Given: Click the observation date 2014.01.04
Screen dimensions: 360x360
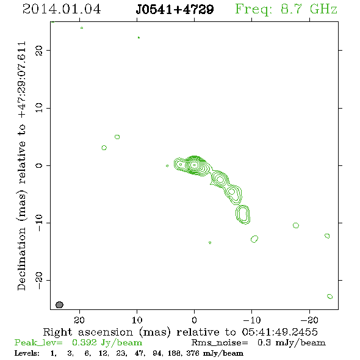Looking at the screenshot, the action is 62,9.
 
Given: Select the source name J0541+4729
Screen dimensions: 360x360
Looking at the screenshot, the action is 175,9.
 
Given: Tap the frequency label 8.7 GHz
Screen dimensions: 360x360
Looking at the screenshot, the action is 309,9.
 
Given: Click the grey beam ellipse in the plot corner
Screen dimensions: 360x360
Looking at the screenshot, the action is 59,304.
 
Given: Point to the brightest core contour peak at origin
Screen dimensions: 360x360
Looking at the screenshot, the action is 195,165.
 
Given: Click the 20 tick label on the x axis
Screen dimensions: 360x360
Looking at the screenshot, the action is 79,320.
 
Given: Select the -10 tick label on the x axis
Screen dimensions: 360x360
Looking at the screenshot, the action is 252,320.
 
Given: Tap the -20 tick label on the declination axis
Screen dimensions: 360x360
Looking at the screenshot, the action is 39,280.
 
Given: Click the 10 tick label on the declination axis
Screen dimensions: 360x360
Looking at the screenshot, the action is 39,107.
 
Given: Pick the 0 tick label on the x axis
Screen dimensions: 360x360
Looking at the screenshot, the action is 195,320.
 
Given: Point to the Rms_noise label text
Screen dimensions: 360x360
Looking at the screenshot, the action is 220,343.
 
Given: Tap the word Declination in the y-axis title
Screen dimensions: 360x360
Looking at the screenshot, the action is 21,259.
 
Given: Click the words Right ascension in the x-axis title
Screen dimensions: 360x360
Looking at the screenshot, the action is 88,332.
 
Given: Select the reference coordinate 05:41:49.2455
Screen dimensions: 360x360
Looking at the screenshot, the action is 280,332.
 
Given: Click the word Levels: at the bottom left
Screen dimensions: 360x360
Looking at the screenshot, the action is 27,353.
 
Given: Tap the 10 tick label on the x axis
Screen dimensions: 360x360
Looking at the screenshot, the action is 137,320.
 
